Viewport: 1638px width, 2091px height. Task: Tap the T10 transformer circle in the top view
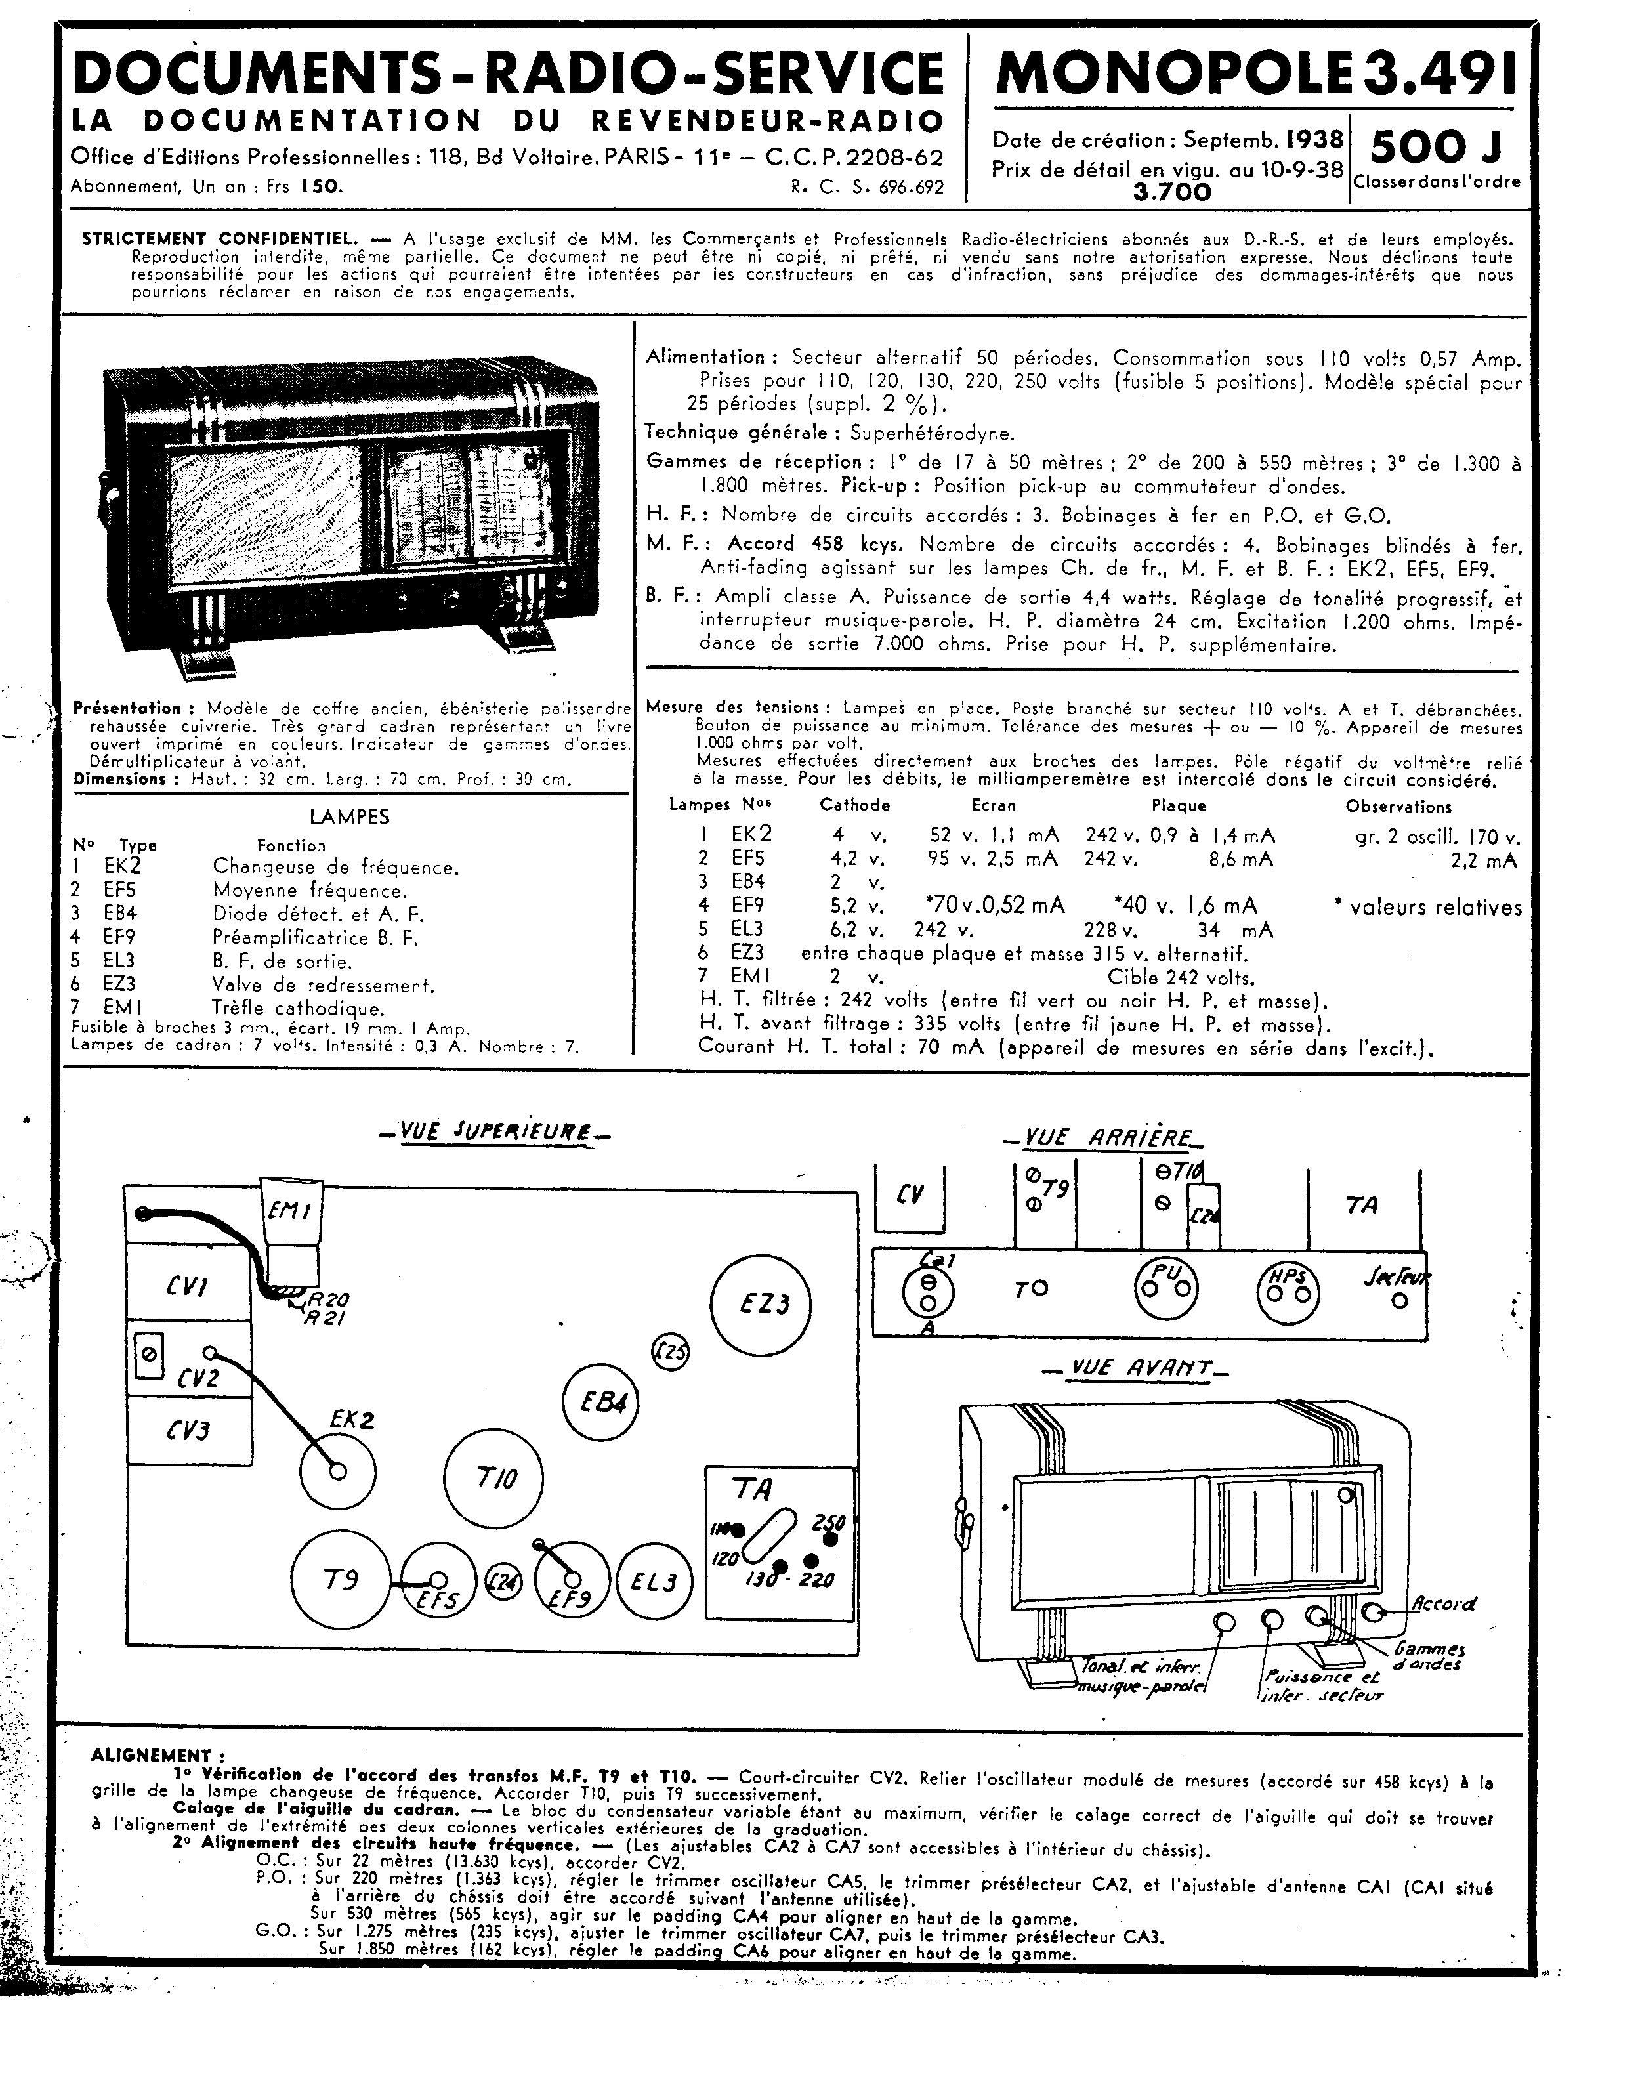tap(494, 1478)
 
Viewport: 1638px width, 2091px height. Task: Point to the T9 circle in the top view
tap(341, 1580)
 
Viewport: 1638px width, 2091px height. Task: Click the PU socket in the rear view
tap(1166, 1286)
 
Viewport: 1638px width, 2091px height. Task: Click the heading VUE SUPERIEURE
tap(495, 1132)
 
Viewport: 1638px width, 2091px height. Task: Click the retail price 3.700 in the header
tap(1172, 192)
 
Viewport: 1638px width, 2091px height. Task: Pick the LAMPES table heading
tap(349, 817)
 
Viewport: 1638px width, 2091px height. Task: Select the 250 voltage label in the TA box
tap(829, 1523)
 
